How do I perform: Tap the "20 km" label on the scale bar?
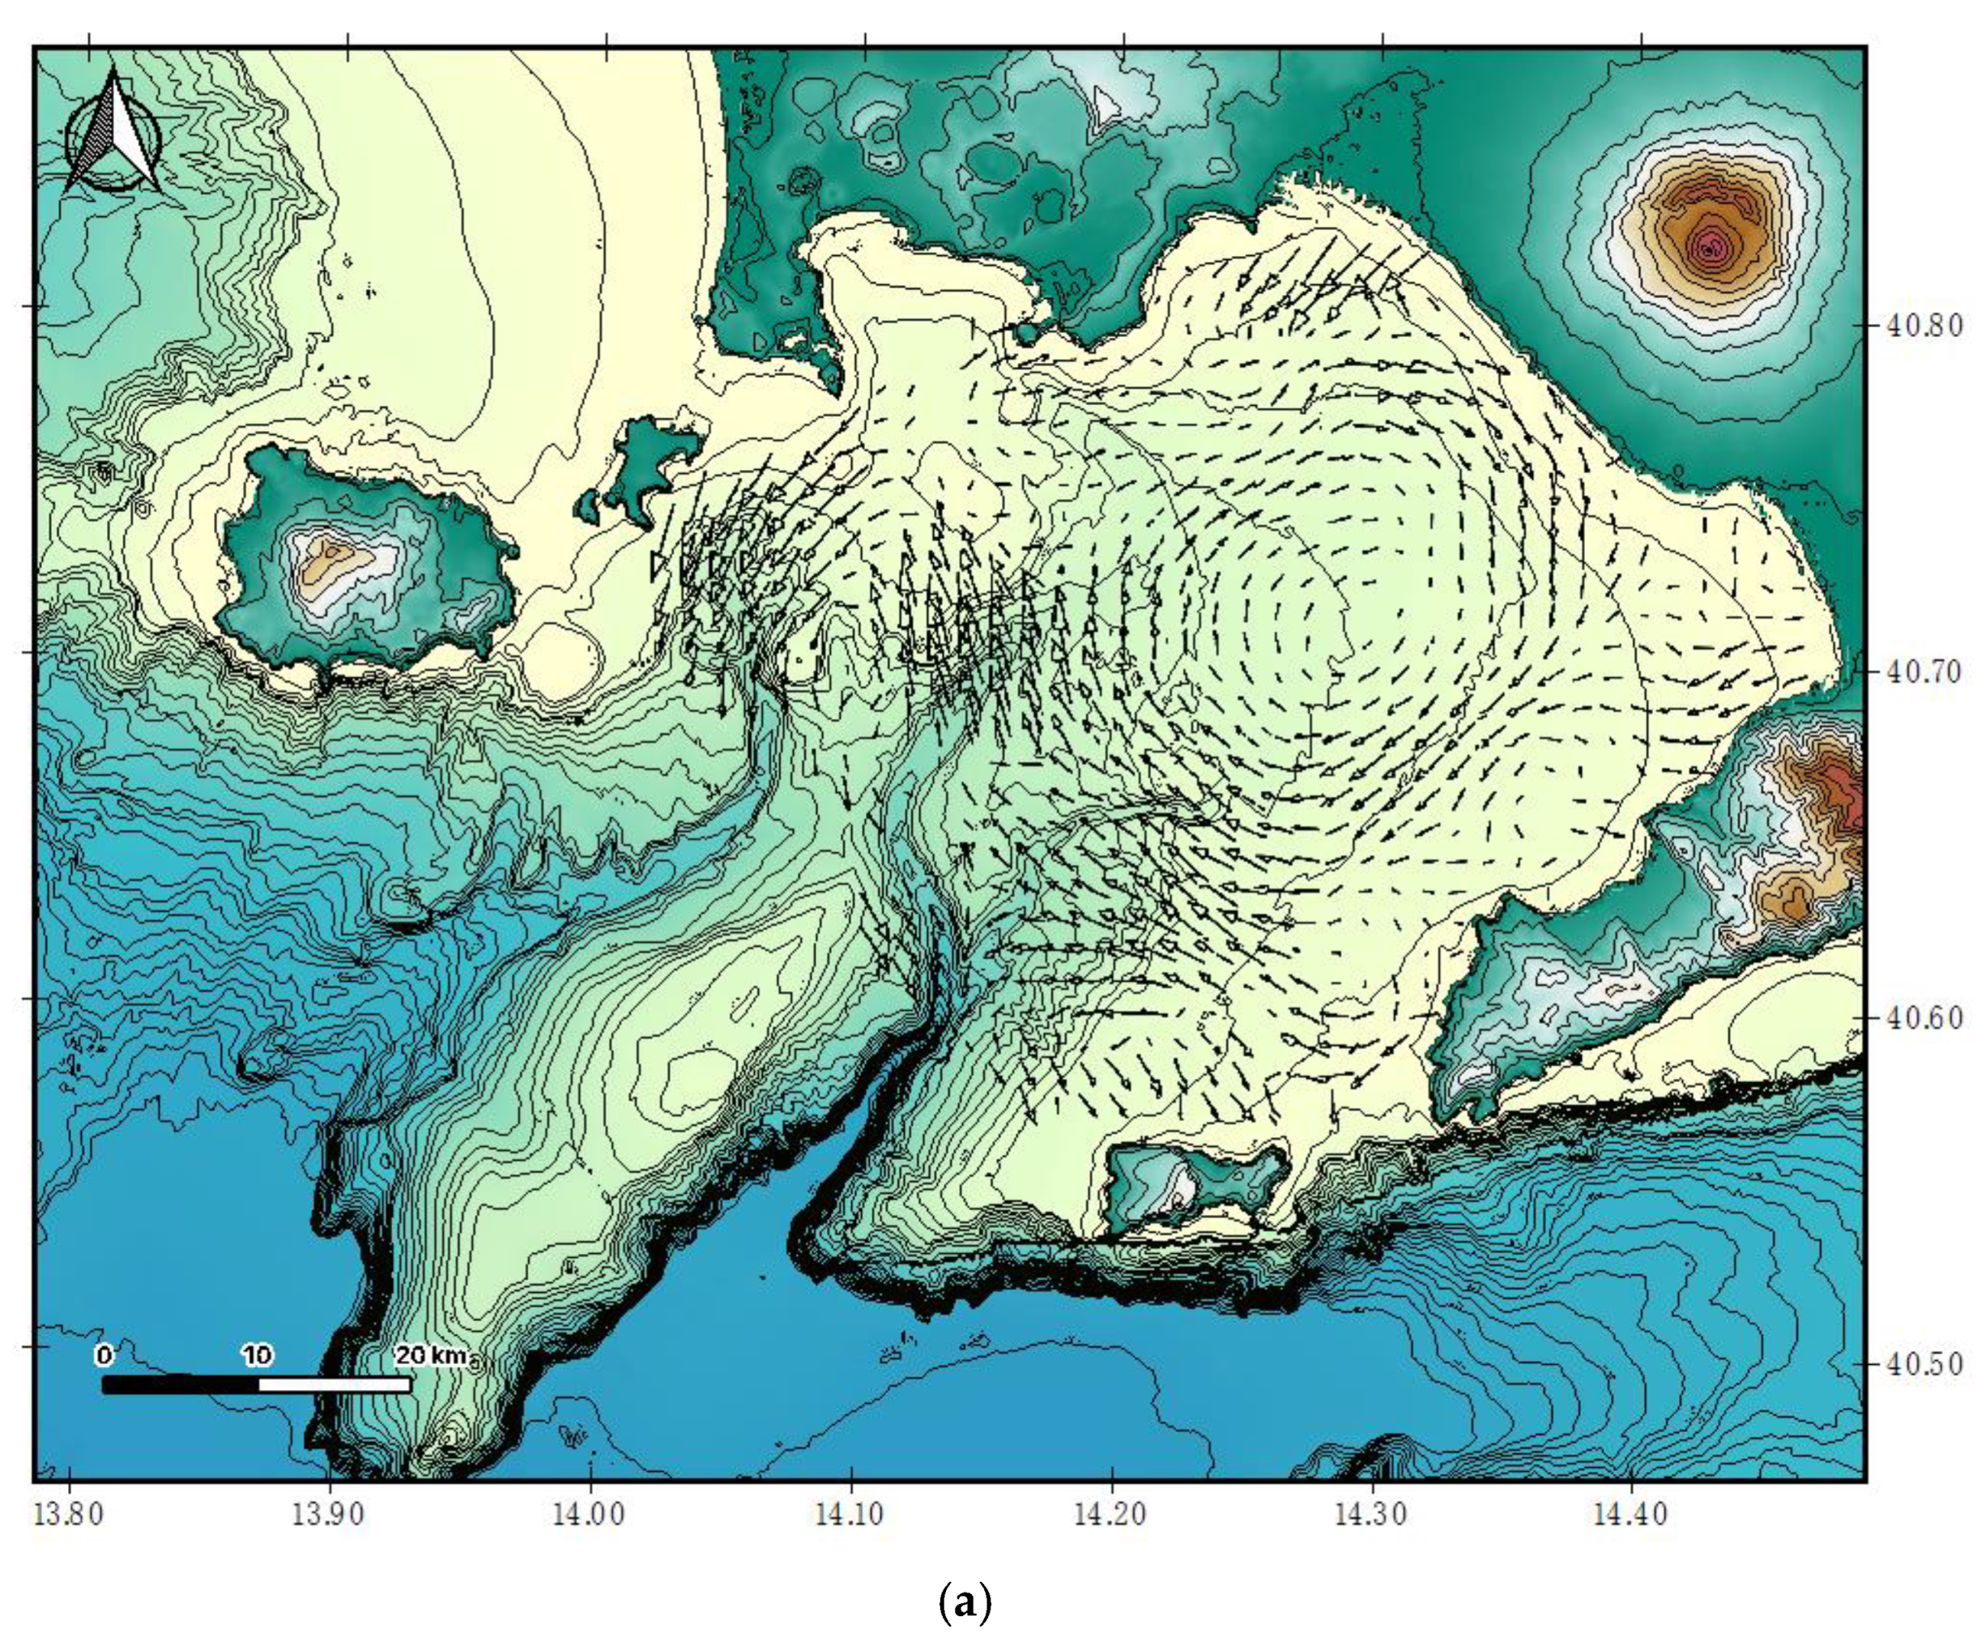(430, 1356)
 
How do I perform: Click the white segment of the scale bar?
(334, 1384)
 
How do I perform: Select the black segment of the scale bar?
(180, 1384)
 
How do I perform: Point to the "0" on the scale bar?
(104, 1356)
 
